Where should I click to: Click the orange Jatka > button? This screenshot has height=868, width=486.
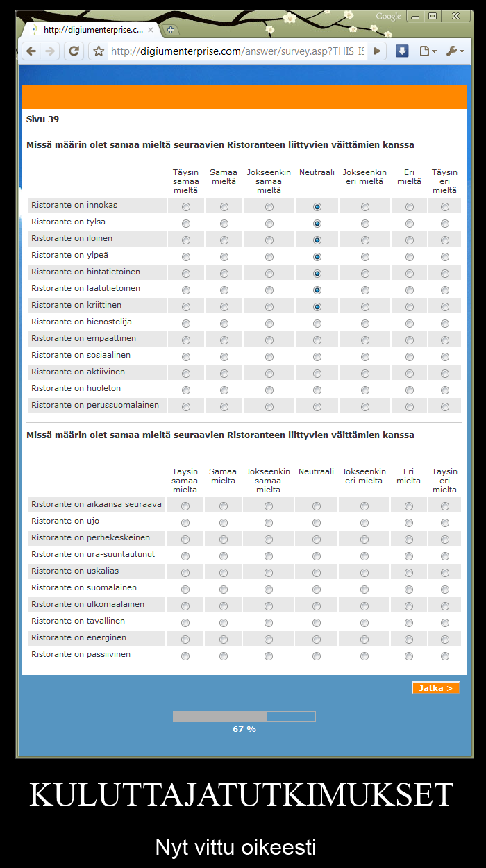435,688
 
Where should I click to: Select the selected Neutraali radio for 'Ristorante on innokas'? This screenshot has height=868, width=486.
317,207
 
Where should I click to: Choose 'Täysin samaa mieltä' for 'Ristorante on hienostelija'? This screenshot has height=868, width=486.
185,324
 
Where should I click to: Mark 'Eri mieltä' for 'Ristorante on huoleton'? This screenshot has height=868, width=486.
410,390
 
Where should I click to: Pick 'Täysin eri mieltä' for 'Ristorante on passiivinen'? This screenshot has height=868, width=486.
444,656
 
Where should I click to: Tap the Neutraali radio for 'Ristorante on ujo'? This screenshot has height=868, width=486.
317,523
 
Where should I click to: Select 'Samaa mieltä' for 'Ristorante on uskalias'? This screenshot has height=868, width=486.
224,573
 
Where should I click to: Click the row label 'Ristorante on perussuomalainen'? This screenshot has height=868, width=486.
95,405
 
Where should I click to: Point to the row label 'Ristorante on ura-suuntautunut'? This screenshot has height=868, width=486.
93,554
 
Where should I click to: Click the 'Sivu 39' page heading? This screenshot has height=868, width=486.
42,119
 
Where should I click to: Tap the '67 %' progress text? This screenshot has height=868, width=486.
244,729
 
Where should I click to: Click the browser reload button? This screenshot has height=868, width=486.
74,51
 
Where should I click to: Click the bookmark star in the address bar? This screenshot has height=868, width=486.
99,51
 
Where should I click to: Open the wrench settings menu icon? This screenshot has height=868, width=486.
451,51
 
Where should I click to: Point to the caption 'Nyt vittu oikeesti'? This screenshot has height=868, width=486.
235,847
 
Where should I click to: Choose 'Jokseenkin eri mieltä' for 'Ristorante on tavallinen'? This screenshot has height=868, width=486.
364,623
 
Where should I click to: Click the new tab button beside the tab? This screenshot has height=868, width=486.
171,30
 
